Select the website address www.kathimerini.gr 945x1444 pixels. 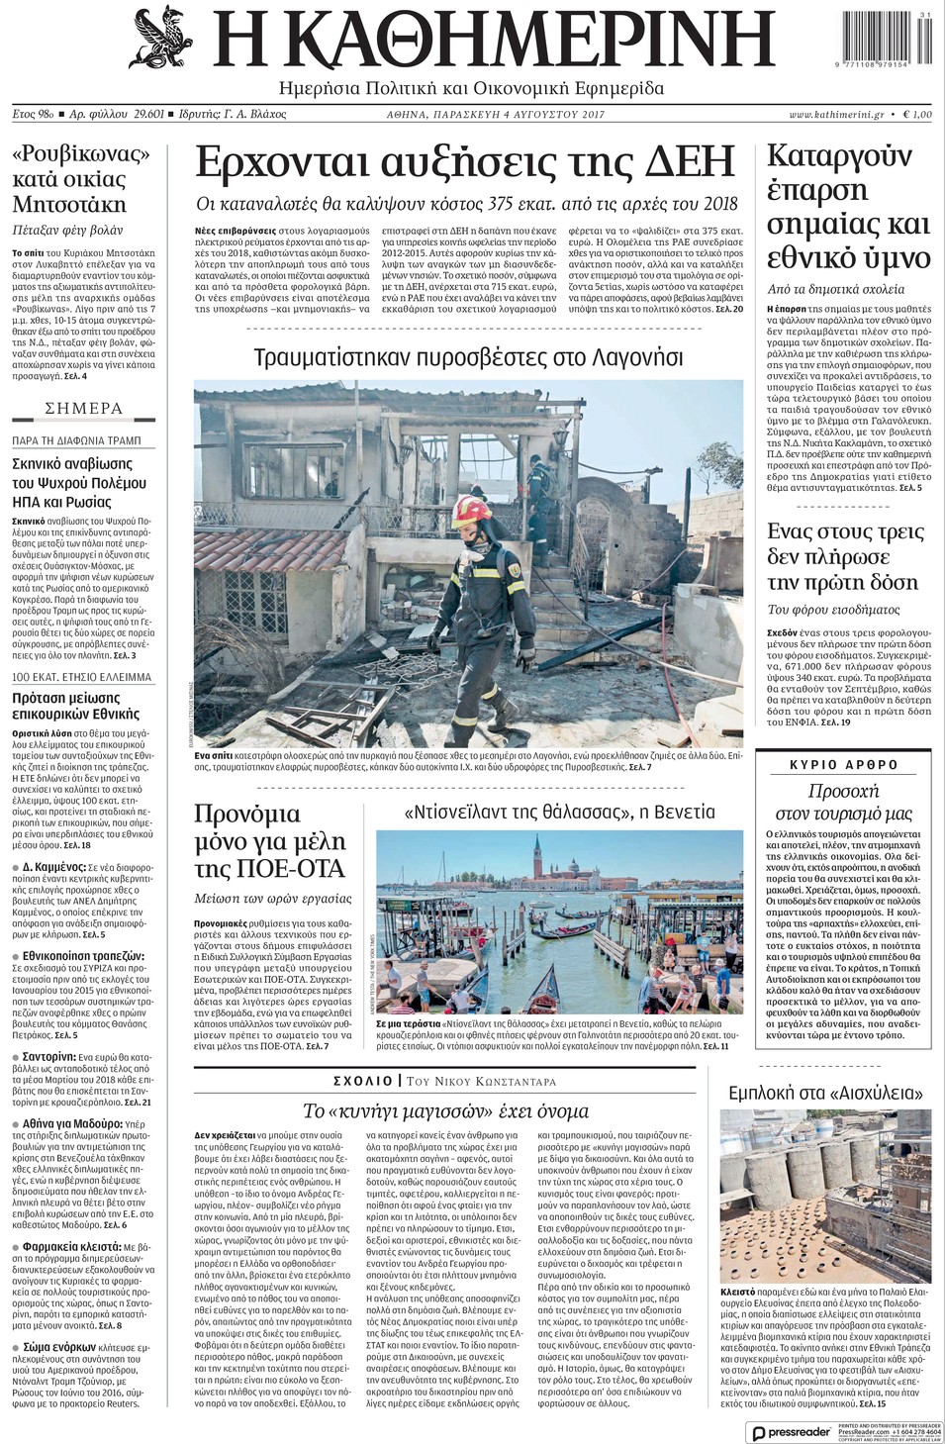(836, 115)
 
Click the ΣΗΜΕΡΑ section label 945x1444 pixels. (83, 408)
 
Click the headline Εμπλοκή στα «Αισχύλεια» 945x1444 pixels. (825, 1093)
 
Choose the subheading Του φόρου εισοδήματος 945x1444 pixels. (834, 609)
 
